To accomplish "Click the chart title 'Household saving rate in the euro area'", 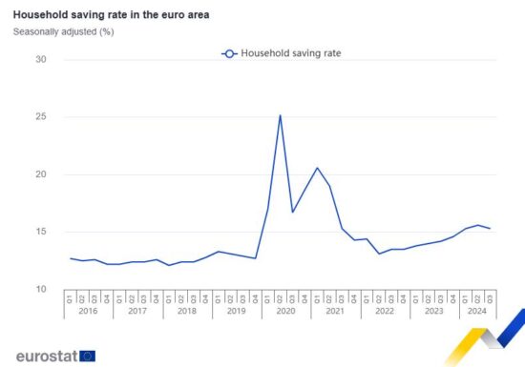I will click(112, 15).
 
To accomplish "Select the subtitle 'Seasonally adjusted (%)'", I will click(64, 31).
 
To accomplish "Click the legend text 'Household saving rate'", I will click(291, 53).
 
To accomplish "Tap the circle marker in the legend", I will click(229, 53).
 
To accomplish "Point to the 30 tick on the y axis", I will click(40, 60).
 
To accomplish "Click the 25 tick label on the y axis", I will click(40, 117).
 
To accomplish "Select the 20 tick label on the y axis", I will click(40, 174).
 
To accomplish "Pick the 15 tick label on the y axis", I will click(40, 232).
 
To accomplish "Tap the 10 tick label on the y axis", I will click(40, 289).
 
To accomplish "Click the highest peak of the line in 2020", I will click(280, 116).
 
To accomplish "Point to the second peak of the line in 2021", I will click(317, 168).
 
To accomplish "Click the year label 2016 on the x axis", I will click(88, 311).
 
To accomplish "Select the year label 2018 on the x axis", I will click(187, 311).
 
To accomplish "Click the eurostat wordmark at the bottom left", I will click(47, 356).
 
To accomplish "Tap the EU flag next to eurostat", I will click(88, 356).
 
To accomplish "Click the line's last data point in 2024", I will click(491, 229).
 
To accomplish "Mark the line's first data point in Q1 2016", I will click(70, 258).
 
